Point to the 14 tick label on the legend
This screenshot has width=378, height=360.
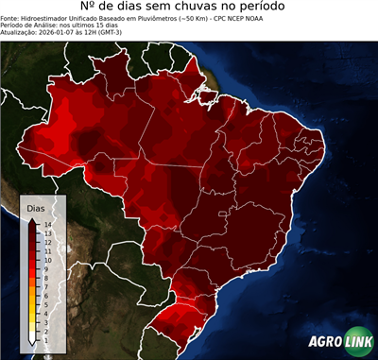47,225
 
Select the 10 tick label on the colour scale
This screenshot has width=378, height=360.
47,260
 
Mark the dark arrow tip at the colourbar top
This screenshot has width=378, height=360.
33,221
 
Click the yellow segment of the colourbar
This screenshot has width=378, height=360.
33,304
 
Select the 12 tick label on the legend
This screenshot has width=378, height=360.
47,243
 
